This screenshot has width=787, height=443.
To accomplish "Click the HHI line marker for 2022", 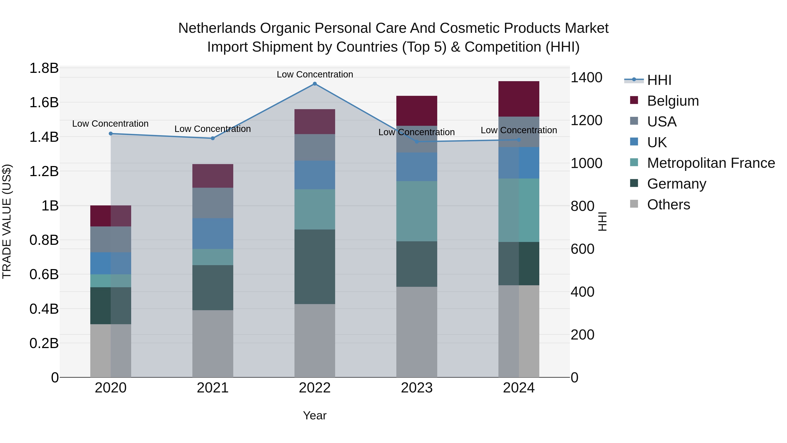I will (315, 84).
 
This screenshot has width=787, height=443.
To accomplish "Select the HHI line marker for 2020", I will (111, 134).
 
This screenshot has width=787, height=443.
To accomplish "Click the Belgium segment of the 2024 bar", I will (519, 99).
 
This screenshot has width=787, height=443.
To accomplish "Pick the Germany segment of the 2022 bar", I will (315, 267).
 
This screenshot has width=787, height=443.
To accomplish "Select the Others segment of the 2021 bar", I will (213, 344).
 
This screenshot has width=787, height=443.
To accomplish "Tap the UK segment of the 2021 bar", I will (213, 234).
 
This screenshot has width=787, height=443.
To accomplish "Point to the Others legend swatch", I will (634, 204).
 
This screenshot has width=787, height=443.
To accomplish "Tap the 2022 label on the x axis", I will (315, 388).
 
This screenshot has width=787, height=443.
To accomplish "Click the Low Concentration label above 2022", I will (315, 74).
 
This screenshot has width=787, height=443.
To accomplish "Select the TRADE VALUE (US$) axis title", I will (7, 221).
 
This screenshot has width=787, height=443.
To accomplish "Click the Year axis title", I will (315, 415).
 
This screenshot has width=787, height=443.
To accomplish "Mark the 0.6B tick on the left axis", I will (44, 275).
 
